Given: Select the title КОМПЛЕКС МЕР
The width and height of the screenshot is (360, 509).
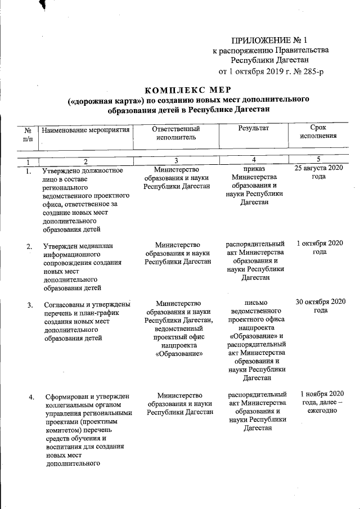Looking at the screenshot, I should pos(188,90).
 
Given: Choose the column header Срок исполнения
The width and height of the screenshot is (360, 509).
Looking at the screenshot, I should pos(318,132).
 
